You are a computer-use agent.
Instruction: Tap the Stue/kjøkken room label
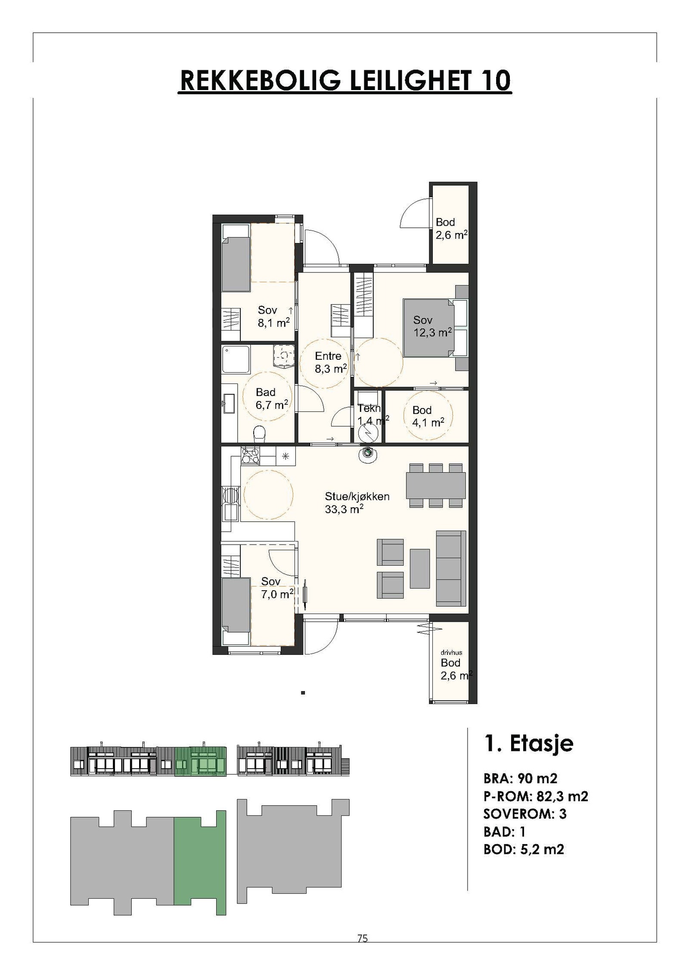tap(357, 496)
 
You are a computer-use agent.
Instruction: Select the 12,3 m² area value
tap(432, 333)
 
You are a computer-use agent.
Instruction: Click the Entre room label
tap(328, 356)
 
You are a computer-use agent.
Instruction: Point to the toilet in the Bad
tap(259, 433)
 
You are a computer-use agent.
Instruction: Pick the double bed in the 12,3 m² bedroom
tap(429, 328)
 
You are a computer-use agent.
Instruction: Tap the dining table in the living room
tap(436, 485)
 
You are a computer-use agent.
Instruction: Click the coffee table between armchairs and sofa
tap(420, 568)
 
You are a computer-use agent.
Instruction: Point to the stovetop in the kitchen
tap(251, 455)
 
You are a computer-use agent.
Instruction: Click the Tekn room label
tap(369, 408)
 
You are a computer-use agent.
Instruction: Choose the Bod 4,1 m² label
tap(428, 416)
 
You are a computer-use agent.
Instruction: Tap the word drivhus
tap(451, 652)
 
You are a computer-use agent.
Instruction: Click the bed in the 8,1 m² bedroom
tap(236, 264)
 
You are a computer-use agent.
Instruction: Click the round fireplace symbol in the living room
tap(367, 453)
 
